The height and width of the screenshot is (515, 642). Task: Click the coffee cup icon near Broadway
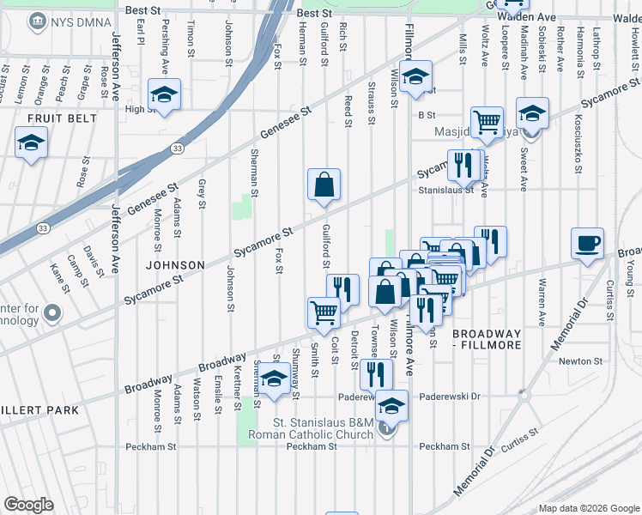(x=587, y=243)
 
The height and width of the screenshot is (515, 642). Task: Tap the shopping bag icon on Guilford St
(x=324, y=185)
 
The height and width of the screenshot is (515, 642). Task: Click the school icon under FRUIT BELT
(x=32, y=142)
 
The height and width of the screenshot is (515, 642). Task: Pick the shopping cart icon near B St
(x=487, y=122)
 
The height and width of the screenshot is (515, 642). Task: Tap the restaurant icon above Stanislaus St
(x=463, y=165)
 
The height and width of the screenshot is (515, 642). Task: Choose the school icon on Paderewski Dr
(x=392, y=405)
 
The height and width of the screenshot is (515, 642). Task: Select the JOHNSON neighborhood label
(x=175, y=265)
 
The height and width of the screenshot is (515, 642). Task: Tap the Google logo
(x=28, y=505)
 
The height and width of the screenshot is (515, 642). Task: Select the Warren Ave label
(x=542, y=300)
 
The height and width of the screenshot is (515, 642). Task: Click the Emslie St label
(x=218, y=396)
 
